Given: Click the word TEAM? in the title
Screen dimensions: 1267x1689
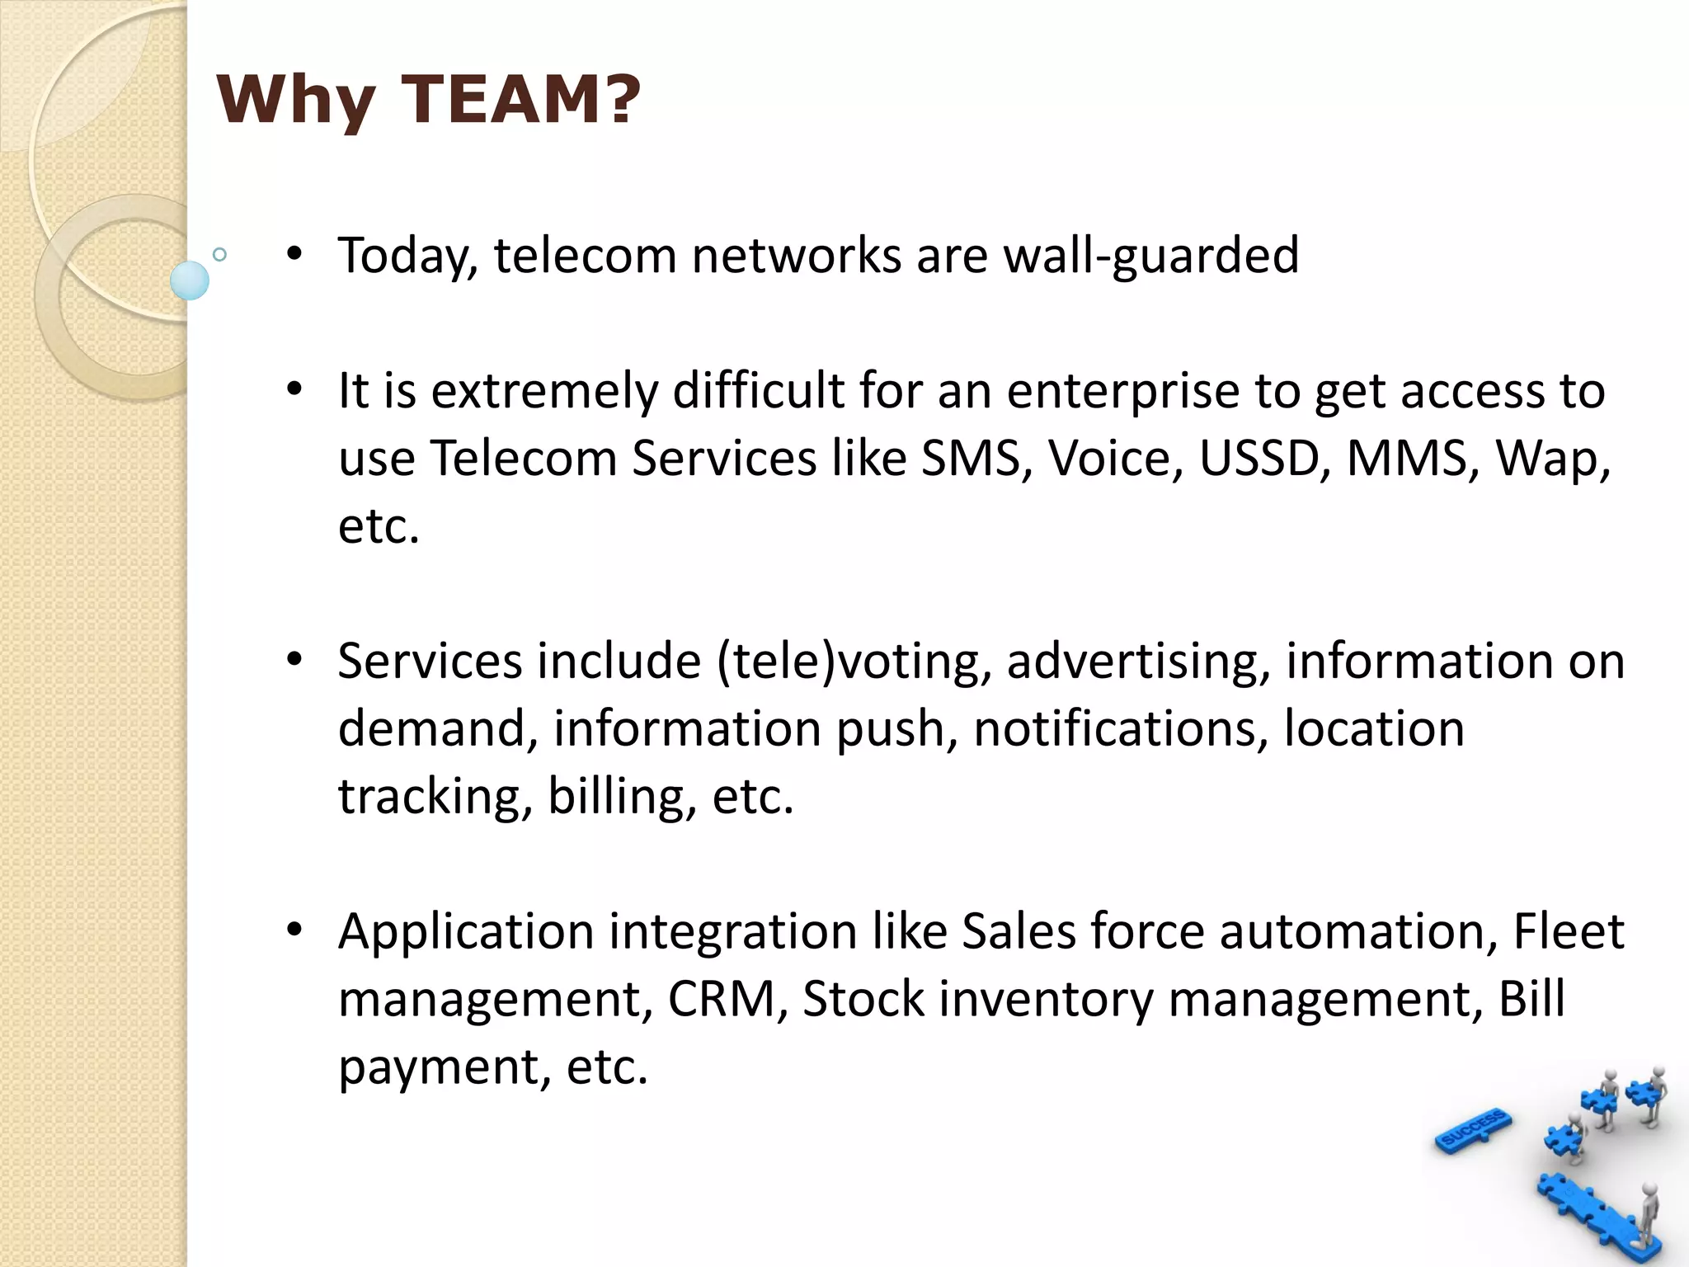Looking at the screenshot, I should [520, 100].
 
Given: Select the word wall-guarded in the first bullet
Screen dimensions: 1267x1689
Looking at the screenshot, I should [1151, 255].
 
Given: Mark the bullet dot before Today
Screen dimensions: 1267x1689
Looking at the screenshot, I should [294, 253].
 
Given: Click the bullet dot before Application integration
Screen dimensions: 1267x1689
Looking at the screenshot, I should [294, 930].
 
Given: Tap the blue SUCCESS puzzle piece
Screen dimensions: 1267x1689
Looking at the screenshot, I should [1474, 1129].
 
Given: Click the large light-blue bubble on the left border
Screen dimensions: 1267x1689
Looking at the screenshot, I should [190, 280].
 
